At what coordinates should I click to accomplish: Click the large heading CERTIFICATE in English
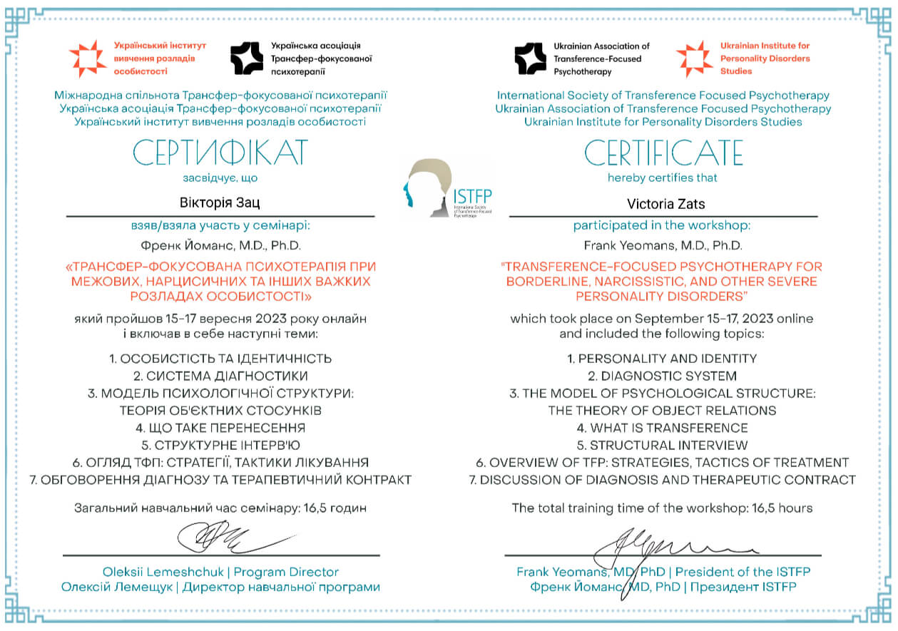click(663, 153)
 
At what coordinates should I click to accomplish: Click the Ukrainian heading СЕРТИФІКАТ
click(220, 153)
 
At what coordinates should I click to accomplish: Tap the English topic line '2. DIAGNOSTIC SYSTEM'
click(662, 376)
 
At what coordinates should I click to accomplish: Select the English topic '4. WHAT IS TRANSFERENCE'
click(662, 428)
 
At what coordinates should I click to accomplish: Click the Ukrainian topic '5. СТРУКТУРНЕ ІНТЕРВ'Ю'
click(220, 445)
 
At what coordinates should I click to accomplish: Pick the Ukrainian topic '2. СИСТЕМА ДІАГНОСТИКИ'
click(220, 376)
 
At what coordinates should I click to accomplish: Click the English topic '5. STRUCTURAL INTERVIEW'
click(662, 445)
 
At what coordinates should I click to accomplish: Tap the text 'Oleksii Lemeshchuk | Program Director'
click(220, 572)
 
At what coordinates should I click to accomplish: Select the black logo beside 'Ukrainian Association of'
click(531, 58)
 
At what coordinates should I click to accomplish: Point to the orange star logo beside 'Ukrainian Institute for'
click(693, 58)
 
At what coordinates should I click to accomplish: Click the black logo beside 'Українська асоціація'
click(247, 58)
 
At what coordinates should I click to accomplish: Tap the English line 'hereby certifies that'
click(662, 178)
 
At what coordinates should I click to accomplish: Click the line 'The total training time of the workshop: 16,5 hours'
click(662, 508)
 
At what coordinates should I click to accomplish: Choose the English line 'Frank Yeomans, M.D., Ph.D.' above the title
click(662, 245)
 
